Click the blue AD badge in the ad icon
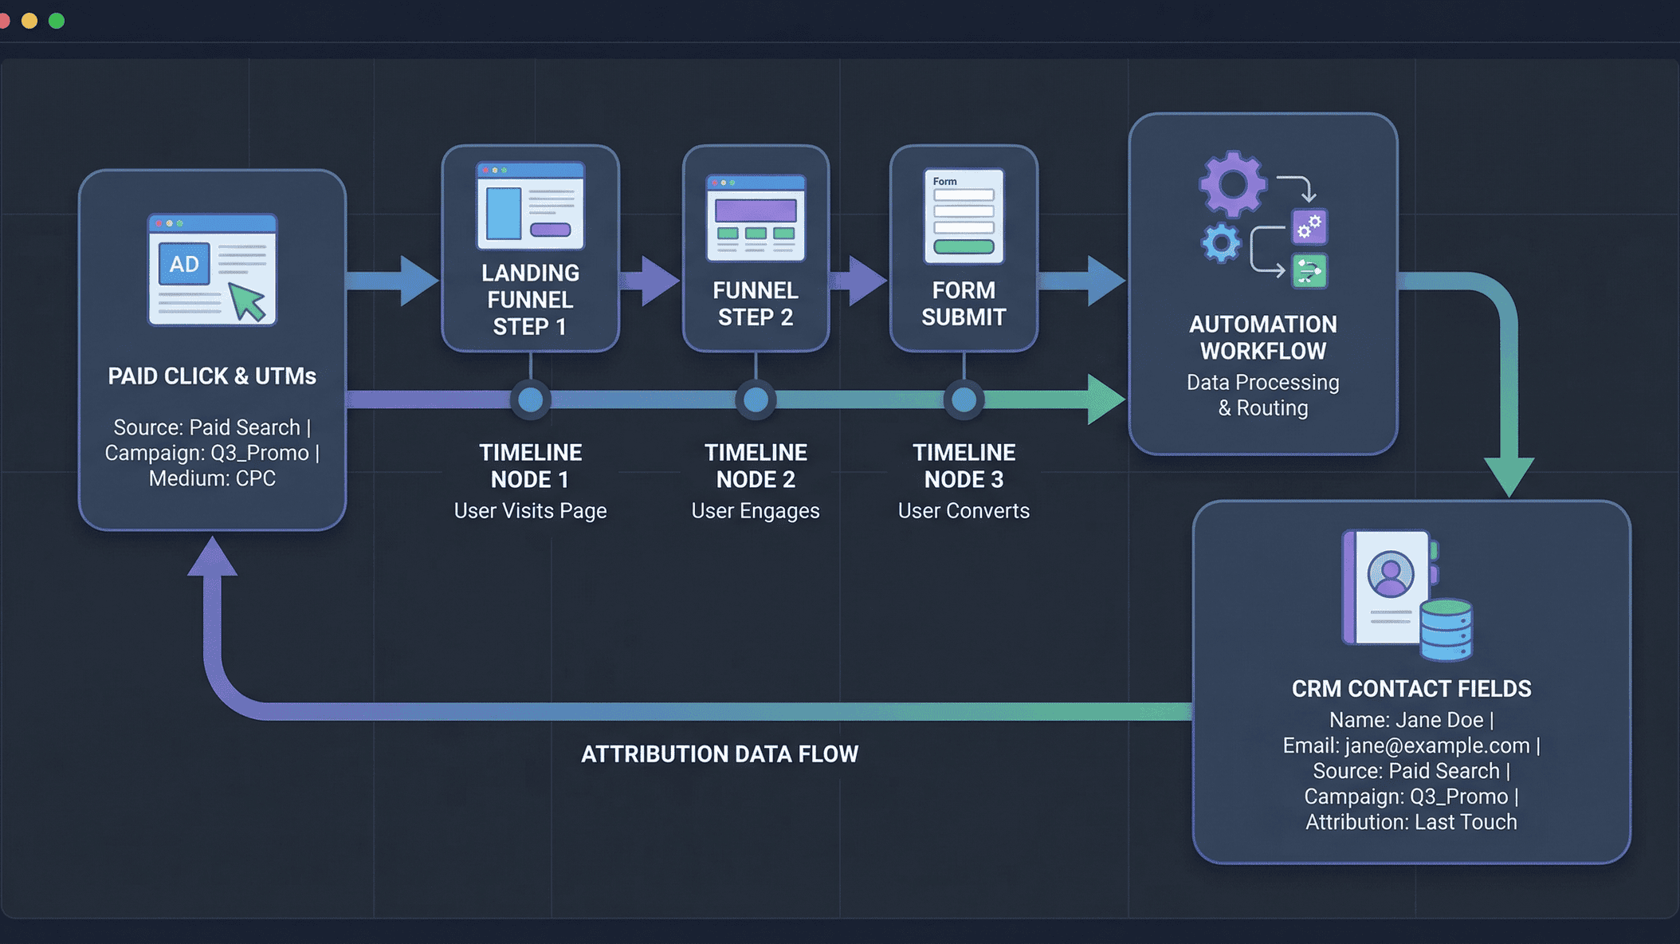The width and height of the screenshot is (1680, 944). pyautogui.click(x=184, y=264)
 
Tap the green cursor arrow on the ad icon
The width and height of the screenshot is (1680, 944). pyautogui.click(x=247, y=303)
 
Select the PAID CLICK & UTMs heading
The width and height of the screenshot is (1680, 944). pyautogui.click(x=212, y=376)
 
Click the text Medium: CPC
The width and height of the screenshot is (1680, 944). pyautogui.click(x=212, y=478)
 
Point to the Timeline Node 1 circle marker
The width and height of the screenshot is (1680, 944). pyautogui.click(x=530, y=399)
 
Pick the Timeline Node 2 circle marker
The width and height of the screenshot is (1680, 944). pyautogui.click(x=756, y=399)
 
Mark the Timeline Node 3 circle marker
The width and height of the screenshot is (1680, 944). pyautogui.click(x=964, y=399)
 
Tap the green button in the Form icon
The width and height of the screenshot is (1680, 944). pyautogui.click(x=964, y=246)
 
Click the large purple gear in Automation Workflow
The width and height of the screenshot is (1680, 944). pyautogui.click(x=1233, y=184)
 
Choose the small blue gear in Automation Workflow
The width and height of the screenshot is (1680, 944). pyautogui.click(x=1221, y=243)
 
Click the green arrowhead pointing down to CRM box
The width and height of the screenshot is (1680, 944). pyautogui.click(x=1509, y=475)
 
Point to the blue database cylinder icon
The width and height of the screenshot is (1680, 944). pyautogui.click(x=1446, y=630)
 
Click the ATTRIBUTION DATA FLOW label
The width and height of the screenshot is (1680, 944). pyautogui.click(x=719, y=754)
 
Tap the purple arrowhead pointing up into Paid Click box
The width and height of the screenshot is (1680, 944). pyautogui.click(x=212, y=557)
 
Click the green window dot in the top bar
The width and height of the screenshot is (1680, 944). pyautogui.click(x=57, y=21)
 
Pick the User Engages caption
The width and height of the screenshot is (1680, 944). pyautogui.click(x=755, y=511)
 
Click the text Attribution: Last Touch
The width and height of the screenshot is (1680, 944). pyautogui.click(x=1411, y=822)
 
